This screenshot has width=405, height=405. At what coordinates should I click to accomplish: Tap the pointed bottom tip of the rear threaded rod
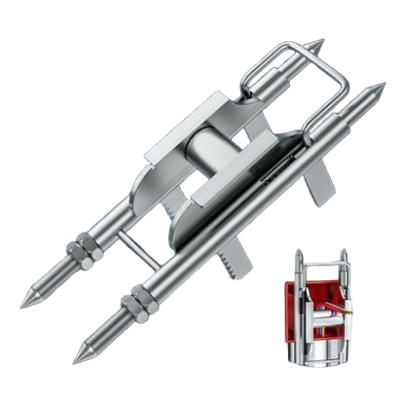[22, 304]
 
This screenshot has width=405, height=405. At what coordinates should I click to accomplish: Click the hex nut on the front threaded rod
[137, 310]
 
